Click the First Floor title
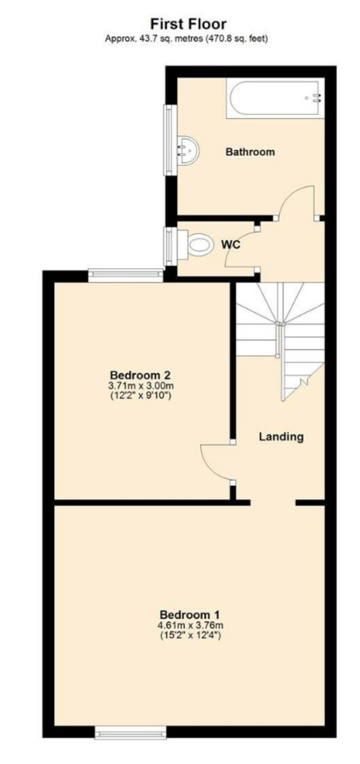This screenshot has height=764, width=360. pos(188,24)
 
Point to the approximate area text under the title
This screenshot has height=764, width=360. pos(187,39)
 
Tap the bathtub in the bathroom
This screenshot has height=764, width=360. pos(275,98)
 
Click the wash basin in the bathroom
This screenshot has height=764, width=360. pos(188,150)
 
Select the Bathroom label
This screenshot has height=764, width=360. pos(250,152)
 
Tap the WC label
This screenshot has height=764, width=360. pos(230,245)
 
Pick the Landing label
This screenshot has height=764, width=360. pos(281,437)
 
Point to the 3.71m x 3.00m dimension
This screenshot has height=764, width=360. pos(140,385)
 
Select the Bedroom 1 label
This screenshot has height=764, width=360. pos(190,614)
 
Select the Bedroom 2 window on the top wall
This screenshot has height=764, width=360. pos(126,275)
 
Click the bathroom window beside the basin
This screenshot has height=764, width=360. pos(170,141)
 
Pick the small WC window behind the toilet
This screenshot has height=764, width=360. pos(170,247)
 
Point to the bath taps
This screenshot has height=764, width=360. pos(316,97)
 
